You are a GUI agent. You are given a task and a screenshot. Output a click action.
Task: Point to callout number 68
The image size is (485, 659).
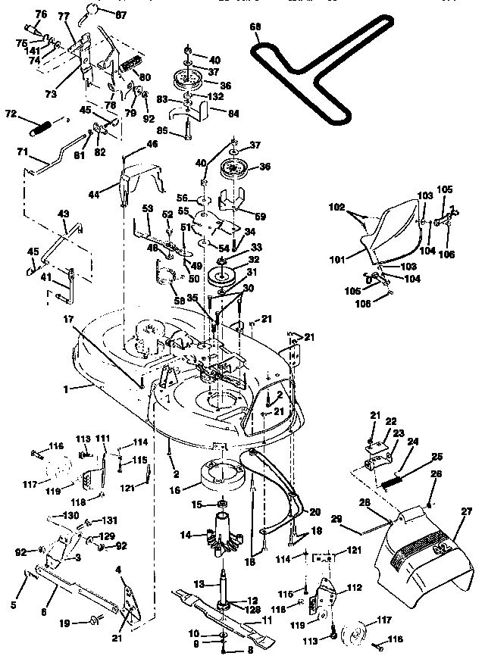tap(255, 27)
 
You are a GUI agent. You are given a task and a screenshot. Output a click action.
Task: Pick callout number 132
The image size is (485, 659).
tap(216, 98)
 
